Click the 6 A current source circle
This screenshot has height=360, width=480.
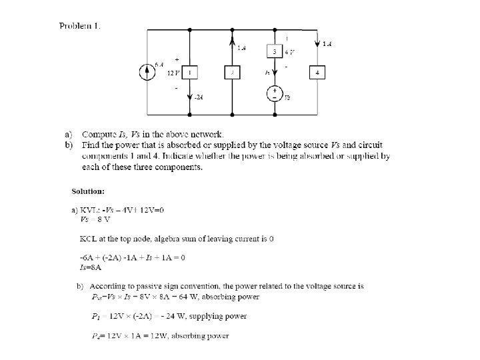pos(147,72)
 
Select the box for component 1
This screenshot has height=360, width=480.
pos(189,72)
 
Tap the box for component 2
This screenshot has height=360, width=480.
pos(231,72)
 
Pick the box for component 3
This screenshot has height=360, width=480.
pos(274,51)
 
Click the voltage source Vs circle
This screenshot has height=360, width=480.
pos(274,94)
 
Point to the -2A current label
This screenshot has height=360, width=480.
pos(199,97)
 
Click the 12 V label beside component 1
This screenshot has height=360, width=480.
pos(172,72)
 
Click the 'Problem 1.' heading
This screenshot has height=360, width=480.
pos(80,26)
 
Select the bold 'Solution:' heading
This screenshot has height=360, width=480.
pos(88,191)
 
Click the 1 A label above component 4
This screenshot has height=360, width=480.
pos(327,45)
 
